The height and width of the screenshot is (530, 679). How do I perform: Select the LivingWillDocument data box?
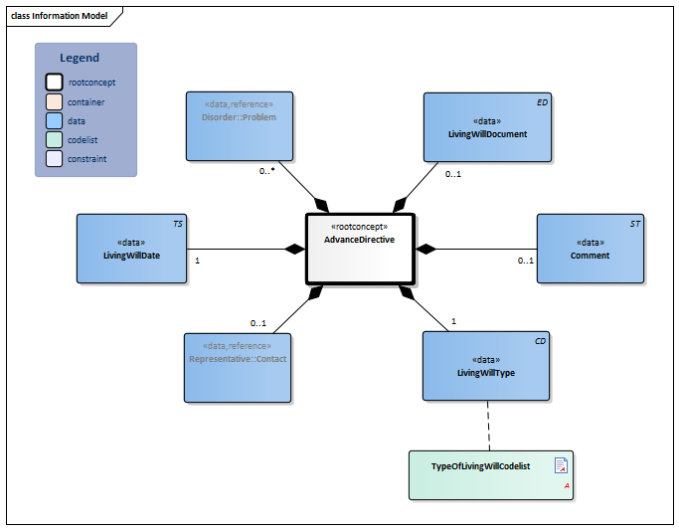point(486,127)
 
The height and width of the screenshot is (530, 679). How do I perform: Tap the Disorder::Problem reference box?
point(239,125)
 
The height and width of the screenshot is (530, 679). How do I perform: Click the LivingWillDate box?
point(131,249)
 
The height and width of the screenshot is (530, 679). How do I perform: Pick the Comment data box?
point(590,249)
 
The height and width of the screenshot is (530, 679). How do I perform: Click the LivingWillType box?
point(486,367)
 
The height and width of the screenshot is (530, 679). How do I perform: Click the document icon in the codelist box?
point(561,465)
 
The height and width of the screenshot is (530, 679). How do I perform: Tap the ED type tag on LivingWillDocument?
point(541,102)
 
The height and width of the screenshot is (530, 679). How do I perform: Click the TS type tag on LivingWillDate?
point(177,225)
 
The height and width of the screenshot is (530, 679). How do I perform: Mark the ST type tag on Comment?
point(634,225)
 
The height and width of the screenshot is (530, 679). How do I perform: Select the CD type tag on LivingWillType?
point(540,342)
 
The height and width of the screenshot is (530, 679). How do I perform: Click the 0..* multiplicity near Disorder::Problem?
point(266,171)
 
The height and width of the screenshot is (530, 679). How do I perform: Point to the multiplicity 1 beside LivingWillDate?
point(198,261)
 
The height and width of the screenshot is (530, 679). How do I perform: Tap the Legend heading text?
point(80,58)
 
